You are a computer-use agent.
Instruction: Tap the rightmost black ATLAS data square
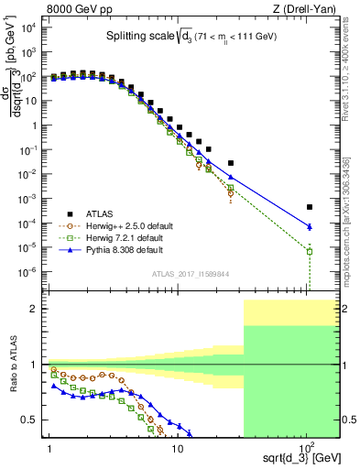[310, 207]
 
